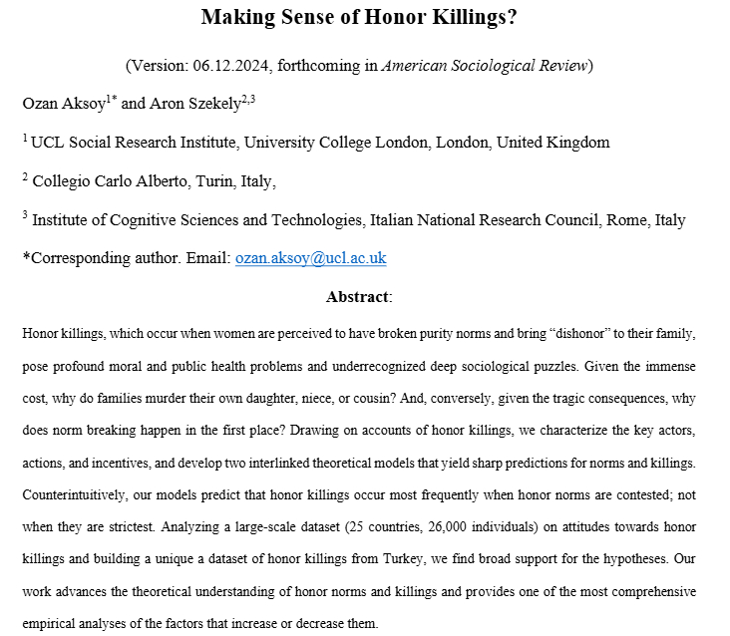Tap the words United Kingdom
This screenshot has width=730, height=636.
coord(552,143)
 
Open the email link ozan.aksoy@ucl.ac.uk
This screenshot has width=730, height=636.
coord(310,258)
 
